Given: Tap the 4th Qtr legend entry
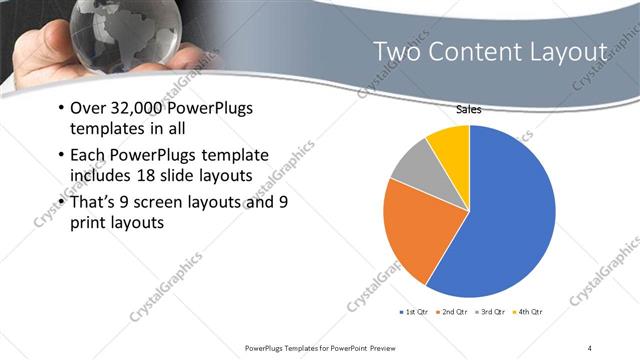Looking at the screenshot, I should click(530, 312).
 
